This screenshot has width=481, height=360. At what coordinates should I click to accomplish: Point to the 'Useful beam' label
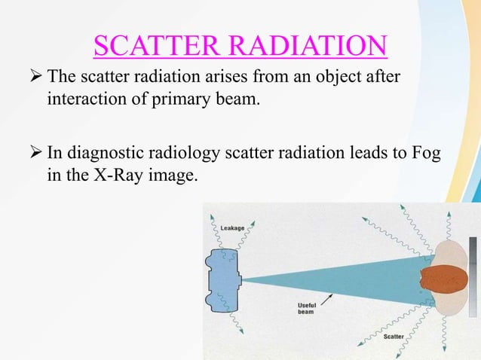(x=305, y=308)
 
